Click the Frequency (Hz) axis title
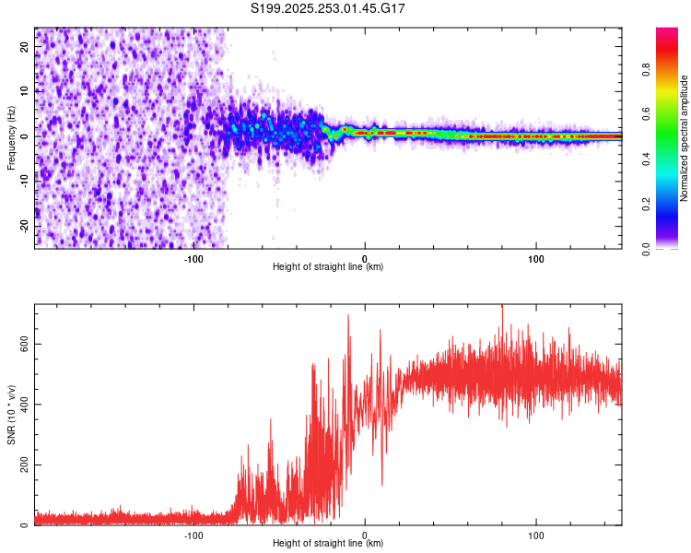coord(11,137)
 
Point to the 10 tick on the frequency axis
coord(26,91)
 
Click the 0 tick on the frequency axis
coord(26,136)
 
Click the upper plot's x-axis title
coord(328,267)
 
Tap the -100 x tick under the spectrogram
coord(193,257)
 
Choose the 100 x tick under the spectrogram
coord(536,257)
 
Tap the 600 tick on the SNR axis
coord(22,343)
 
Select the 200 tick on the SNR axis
coord(22,465)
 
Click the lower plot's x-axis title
coord(328,544)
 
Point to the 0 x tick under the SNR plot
coord(365,535)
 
